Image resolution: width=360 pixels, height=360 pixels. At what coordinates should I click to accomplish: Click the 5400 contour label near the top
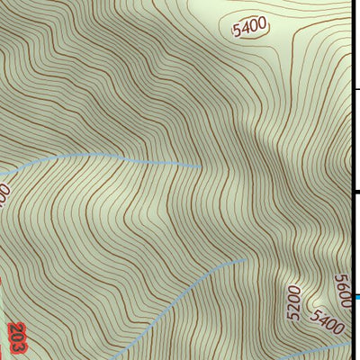(x=249, y=28)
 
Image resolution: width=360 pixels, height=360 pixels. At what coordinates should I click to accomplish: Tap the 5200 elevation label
(x=292, y=305)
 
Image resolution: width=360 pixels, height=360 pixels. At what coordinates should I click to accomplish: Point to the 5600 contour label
(x=341, y=290)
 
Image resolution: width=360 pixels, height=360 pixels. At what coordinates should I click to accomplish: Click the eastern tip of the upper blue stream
(x=200, y=166)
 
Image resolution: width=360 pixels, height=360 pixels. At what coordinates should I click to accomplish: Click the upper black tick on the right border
(x=355, y=89)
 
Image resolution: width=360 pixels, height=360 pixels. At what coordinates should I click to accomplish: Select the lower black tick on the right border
(x=355, y=193)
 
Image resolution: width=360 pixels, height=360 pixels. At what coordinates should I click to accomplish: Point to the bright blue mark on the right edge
(x=356, y=297)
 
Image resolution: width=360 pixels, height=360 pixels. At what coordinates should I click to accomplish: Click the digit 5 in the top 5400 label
(x=237, y=32)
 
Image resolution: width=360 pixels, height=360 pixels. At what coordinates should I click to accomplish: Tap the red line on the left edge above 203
(x=2, y=297)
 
